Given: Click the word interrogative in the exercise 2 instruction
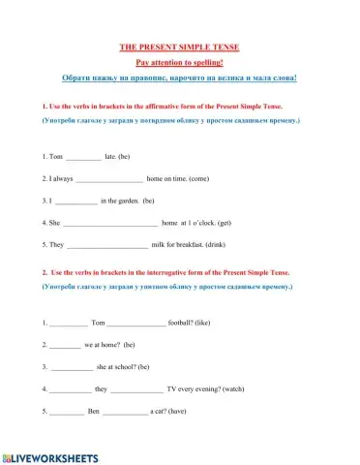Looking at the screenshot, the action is [172, 273].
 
